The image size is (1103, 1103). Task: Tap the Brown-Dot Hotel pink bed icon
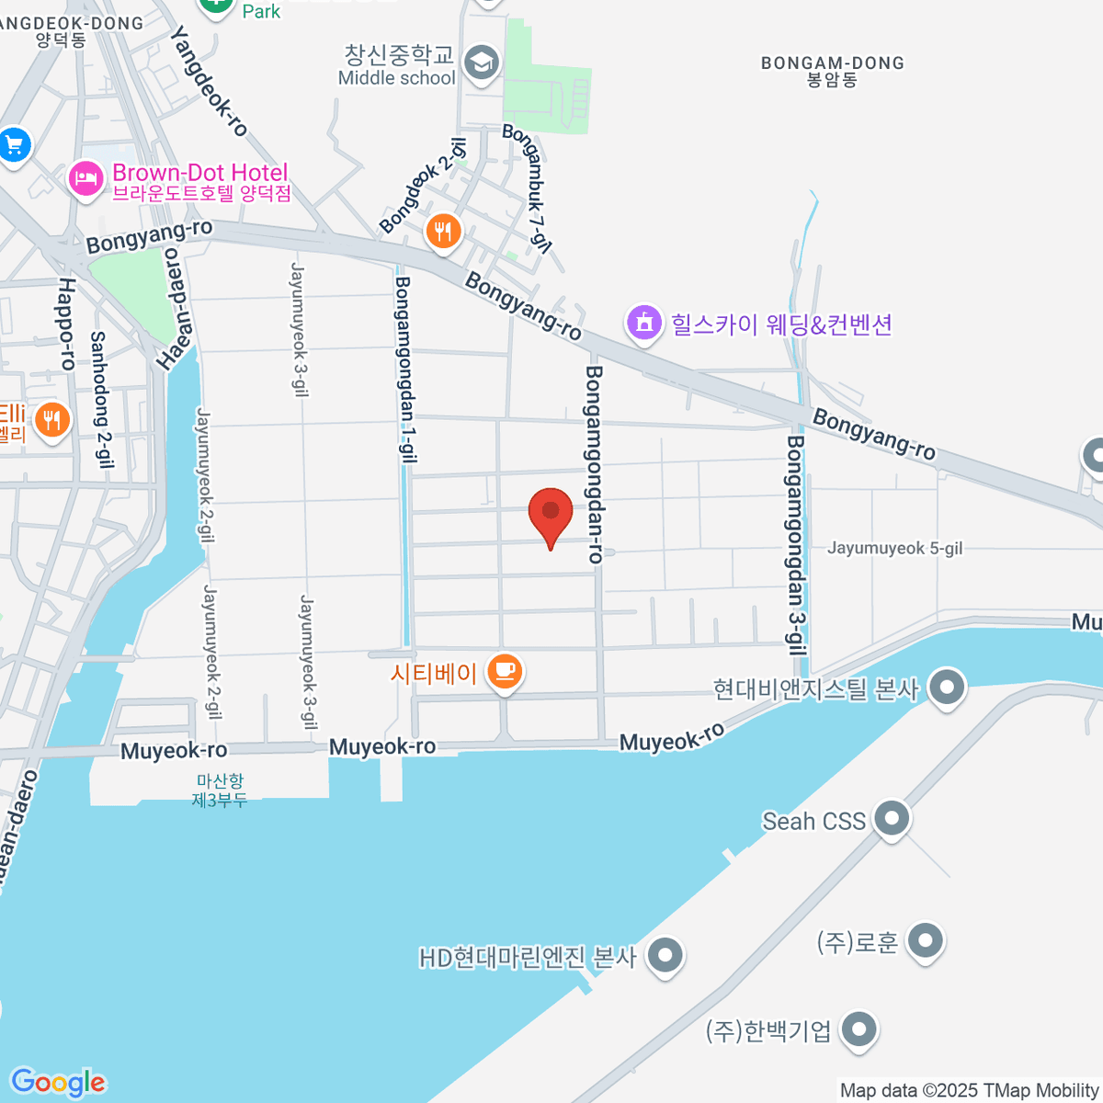[x=85, y=176]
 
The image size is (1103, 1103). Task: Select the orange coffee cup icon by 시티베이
[x=504, y=671]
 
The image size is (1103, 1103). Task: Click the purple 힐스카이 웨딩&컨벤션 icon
[x=644, y=323]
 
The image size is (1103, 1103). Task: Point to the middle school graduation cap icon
[x=481, y=63]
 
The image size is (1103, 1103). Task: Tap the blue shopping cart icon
[x=14, y=144]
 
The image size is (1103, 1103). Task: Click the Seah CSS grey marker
[x=891, y=818]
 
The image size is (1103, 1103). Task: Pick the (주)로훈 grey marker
[x=925, y=941]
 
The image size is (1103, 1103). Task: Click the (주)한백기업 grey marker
[x=859, y=1029]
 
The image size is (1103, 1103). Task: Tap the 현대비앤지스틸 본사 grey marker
[x=947, y=687]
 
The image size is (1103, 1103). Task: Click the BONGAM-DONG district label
[x=833, y=71]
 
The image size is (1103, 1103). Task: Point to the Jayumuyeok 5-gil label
[x=894, y=548]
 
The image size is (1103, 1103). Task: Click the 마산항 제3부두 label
[x=220, y=790]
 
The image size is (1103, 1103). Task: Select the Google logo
[x=58, y=1083]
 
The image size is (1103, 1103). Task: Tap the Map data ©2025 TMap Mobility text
[x=970, y=1090]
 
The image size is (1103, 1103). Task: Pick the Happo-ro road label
[x=66, y=324]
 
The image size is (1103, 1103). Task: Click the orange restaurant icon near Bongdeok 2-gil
[x=443, y=231]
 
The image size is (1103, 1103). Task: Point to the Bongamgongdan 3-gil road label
[x=796, y=544]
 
